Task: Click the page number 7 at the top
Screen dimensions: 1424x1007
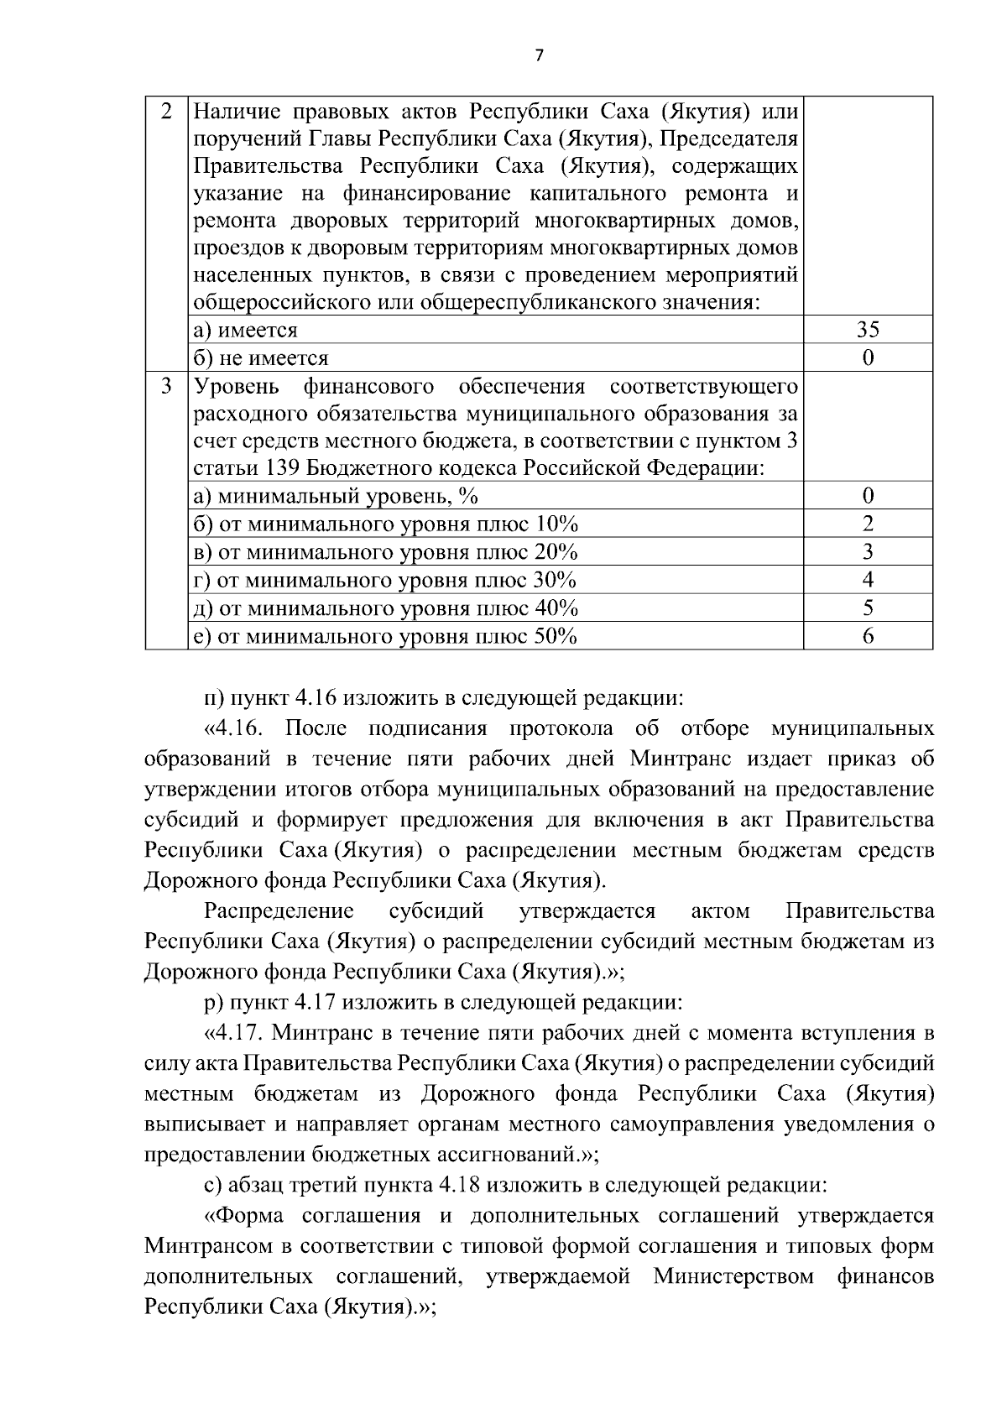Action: click(x=539, y=55)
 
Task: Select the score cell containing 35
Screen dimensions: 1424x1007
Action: click(x=868, y=330)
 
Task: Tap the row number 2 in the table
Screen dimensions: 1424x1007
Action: click(x=166, y=111)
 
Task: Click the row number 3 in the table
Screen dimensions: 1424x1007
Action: click(x=166, y=386)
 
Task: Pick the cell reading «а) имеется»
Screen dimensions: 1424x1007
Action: click(x=246, y=330)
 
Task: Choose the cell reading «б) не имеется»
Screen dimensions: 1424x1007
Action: click(x=261, y=358)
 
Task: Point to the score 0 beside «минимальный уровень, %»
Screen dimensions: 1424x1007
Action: click(x=868, y=495)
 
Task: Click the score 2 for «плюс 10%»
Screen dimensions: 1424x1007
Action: click(x=868, y=524)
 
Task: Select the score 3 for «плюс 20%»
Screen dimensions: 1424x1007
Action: click(x=868, y=551)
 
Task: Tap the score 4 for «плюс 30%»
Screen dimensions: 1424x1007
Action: click(x=868, y=580)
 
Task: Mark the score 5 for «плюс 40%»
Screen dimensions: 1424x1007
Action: click(x=868, y=608)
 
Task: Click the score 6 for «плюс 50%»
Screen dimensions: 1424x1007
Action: click(x=868, y=636)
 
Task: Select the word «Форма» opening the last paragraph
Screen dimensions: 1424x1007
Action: click(x=248, y=1215)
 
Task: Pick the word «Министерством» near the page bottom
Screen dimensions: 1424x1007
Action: click(x=733, y=1276)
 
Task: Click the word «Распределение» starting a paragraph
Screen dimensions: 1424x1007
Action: click(x=279, y=910)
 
